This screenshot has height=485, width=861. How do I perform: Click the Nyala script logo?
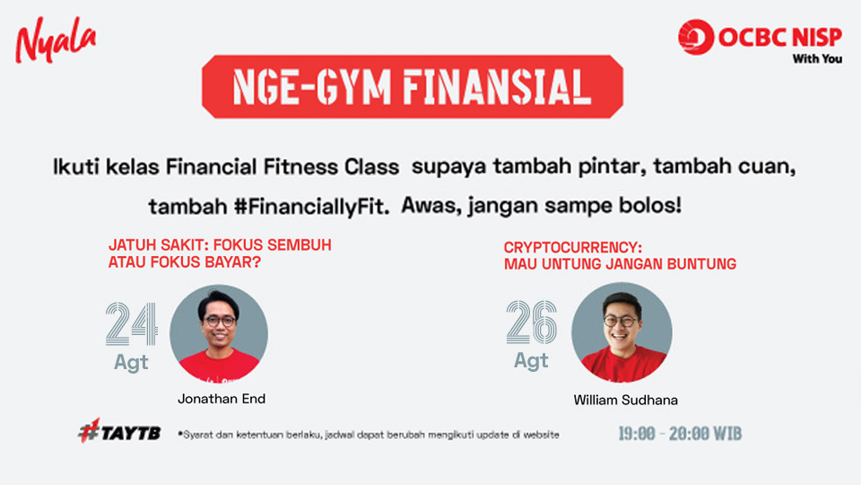pyautogui.click(x=56, y=40)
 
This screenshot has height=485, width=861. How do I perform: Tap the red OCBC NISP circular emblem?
pyautogui.click(x=696, y=37)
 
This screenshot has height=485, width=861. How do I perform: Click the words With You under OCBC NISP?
pyautogui.click(x=817, y=59)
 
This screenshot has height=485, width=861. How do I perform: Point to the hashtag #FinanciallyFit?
pyautogui.click(x=311, y=207)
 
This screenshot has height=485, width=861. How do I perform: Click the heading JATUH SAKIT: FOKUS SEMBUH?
pyautogui.click(x=220, y=244)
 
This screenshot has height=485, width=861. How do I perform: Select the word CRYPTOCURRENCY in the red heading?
pyautogui.click(x=572, y=248)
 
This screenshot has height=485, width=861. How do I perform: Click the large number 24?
pyautogui.click(x=132, y=324)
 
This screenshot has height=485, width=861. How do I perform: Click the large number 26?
pyautogui.click(x=532, y=322)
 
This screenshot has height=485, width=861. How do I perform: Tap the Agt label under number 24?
pyautogui.click(x=131, y=362)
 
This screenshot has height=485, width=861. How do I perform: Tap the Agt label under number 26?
pyautogui.click(x=531, y=361)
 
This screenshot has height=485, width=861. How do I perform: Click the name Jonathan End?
pyautogui.click(x=222, y=399)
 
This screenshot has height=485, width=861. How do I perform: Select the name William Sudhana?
pyautogui.click(x=625, y=400)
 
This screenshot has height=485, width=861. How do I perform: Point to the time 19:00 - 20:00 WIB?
pyautogui.click(x=680, y=434)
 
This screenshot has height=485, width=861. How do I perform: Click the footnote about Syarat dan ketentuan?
pyautogui.click(x=369, y=435)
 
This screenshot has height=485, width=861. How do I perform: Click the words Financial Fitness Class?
pyautogui.click(x=283, y=167)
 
